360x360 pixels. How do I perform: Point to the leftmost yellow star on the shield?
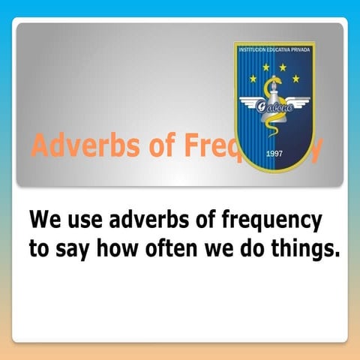253,78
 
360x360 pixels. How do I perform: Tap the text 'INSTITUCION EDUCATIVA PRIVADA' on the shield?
274,50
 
